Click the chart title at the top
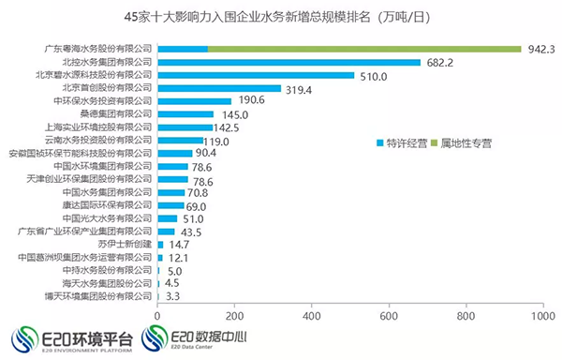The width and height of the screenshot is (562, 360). (x=278, y=16)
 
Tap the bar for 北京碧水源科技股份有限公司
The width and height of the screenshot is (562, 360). (x=256, y=75)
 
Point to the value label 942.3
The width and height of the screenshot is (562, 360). (x=541, y=49)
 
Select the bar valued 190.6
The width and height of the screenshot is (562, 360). (x=195, y=101)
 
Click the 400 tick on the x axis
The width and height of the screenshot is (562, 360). (x=311, y=316)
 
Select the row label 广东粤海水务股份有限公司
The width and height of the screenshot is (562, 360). (x=98, y=49)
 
